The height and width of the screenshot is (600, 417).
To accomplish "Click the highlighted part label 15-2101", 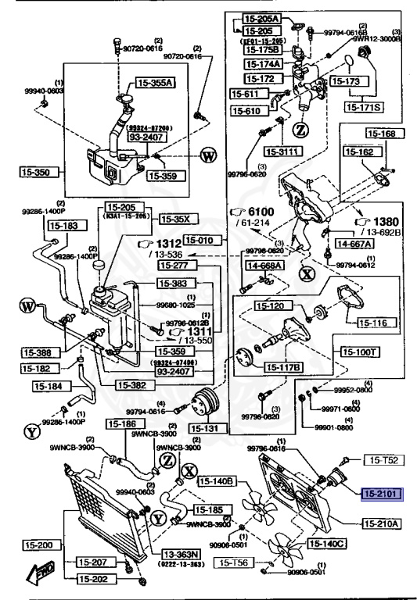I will (380, 494).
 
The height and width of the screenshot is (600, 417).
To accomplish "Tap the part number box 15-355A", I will (155, 82).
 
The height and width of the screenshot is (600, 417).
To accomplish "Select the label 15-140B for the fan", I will (216, 481).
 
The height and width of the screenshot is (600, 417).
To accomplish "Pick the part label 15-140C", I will (326, 543).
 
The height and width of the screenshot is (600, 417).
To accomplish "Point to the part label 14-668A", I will (265, 266).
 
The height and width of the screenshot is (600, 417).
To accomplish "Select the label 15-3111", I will (281, 151).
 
